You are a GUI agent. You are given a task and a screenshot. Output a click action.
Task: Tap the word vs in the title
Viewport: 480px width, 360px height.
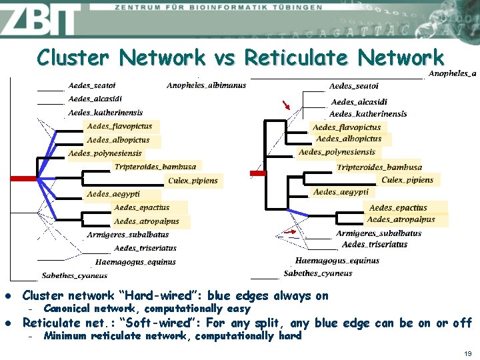[x=225, y=58]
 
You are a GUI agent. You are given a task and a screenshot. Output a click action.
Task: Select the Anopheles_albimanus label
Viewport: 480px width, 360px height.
[x=206, y=85]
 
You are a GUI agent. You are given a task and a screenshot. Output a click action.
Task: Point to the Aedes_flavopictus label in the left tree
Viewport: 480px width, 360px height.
[x=119, y=126]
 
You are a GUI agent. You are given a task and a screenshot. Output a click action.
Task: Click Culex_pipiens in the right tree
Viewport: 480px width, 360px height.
[x=407, y=180]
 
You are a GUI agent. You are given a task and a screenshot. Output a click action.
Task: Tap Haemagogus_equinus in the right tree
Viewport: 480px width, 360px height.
[x=337, y=261]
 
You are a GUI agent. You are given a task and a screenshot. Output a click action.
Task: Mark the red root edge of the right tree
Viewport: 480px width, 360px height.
[x=258, y=173]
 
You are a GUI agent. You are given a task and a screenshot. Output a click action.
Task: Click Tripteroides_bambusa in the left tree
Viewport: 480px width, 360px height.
[x=155, y=167]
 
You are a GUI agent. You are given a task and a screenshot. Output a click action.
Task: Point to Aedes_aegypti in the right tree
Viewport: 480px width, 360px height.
[x=340, y=192]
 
